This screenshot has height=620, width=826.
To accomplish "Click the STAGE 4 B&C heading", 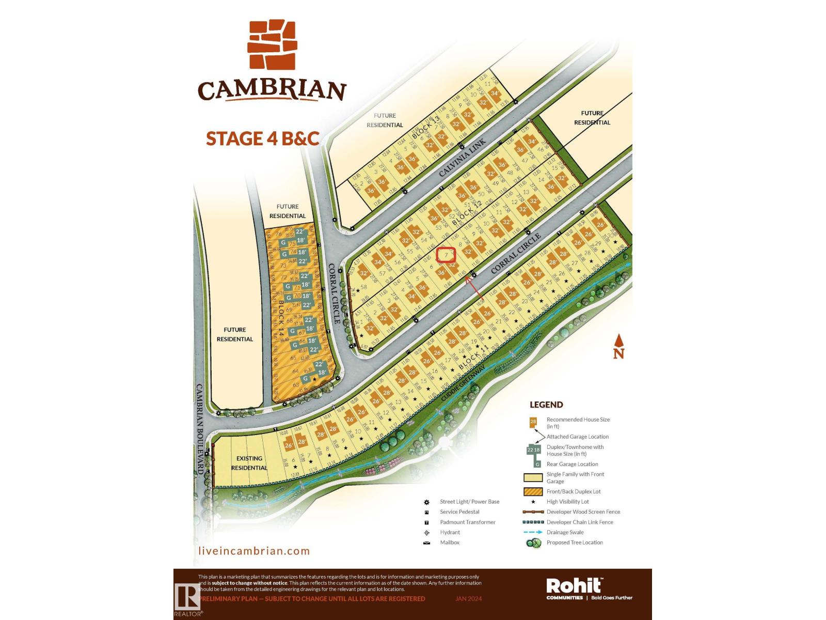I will click(262, 138).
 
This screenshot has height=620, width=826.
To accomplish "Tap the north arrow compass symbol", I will click(618, 346).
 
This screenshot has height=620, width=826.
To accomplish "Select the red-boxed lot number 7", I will click(446, 255).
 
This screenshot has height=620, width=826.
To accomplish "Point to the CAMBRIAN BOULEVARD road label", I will click(200, 429).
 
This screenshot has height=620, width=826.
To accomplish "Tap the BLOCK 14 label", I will click(281, 318).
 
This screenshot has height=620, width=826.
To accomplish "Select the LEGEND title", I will click(546, 405).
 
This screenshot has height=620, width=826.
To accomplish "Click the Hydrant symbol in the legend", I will click(426, 532).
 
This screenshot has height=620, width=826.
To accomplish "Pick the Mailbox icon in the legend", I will click(426, 542).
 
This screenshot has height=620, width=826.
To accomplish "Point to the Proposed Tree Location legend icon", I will click(533, 543).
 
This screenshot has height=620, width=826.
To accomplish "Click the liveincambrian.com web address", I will click(254, 551).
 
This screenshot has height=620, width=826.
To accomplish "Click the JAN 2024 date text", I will click(468, 599).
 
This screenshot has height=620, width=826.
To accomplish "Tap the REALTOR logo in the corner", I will click(187, 599).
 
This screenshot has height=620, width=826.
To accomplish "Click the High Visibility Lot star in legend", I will click(533, 502).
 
